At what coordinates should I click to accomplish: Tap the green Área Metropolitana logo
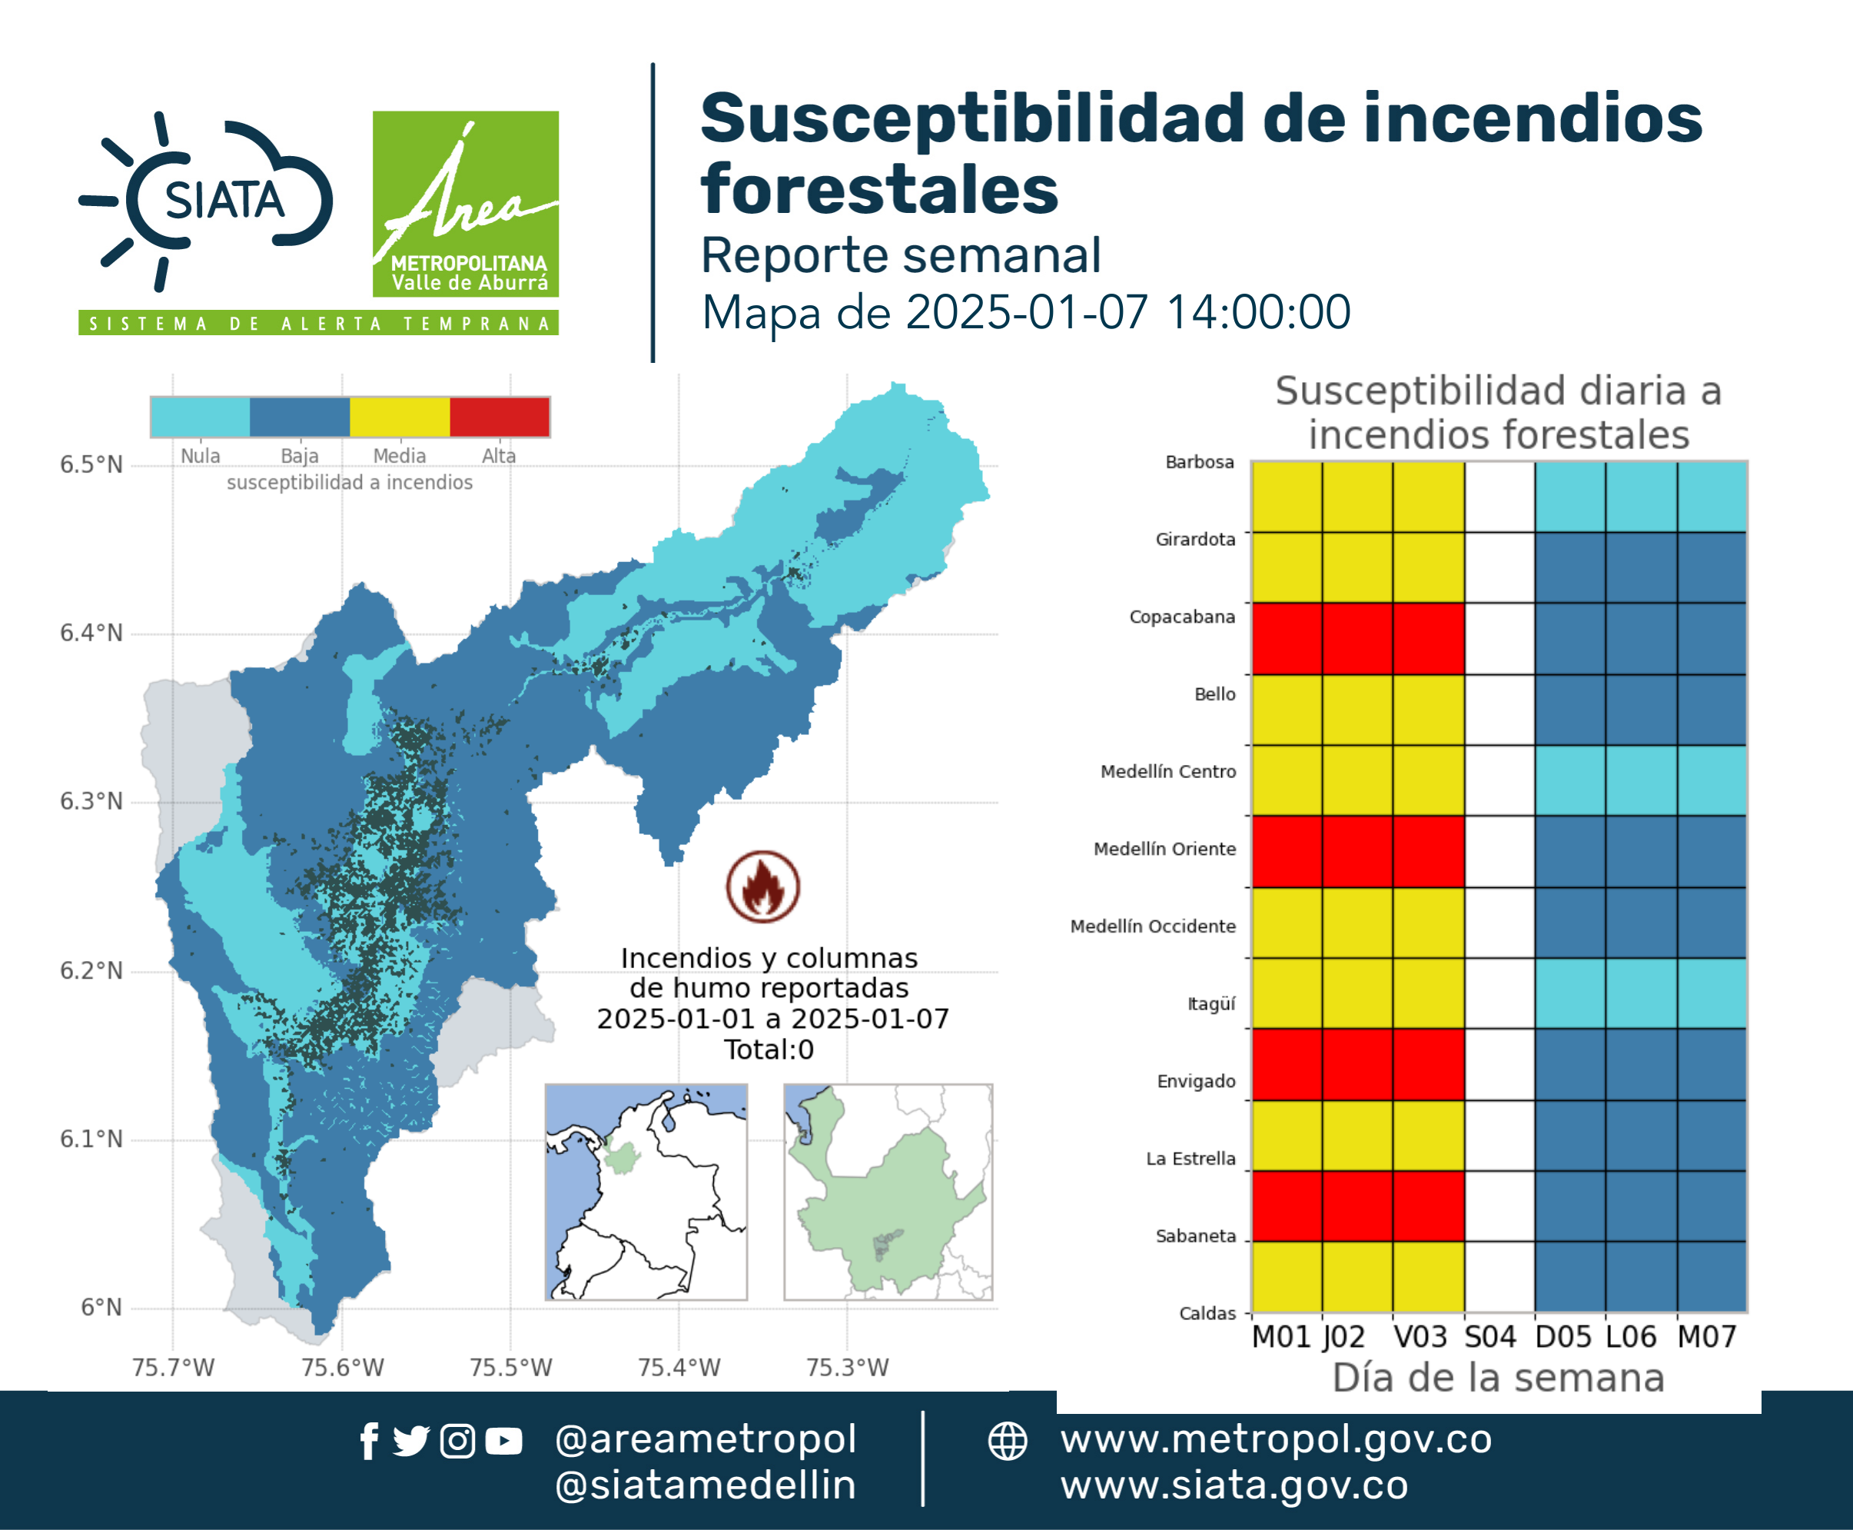465,204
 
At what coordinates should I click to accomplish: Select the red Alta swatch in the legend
500,417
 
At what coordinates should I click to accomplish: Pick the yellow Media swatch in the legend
400,417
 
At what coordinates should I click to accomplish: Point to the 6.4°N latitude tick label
91,633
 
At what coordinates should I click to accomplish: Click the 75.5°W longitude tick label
510,1367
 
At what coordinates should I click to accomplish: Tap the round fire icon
763,886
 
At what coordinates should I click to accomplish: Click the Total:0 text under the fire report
769,1049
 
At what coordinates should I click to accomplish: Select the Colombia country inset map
646,1192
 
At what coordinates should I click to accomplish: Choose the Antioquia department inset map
888,1192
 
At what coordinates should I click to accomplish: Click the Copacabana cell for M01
1287,639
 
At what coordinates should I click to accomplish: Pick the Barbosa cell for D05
1570,496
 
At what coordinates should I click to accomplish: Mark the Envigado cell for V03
1428,1065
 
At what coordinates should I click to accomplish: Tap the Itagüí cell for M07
1712,993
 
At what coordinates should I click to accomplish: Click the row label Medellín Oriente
1165,849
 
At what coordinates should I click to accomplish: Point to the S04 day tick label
1490,1337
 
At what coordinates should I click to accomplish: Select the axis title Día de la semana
1499,1378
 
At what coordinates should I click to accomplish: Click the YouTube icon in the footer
503,1441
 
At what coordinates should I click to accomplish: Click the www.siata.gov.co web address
1234,1485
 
